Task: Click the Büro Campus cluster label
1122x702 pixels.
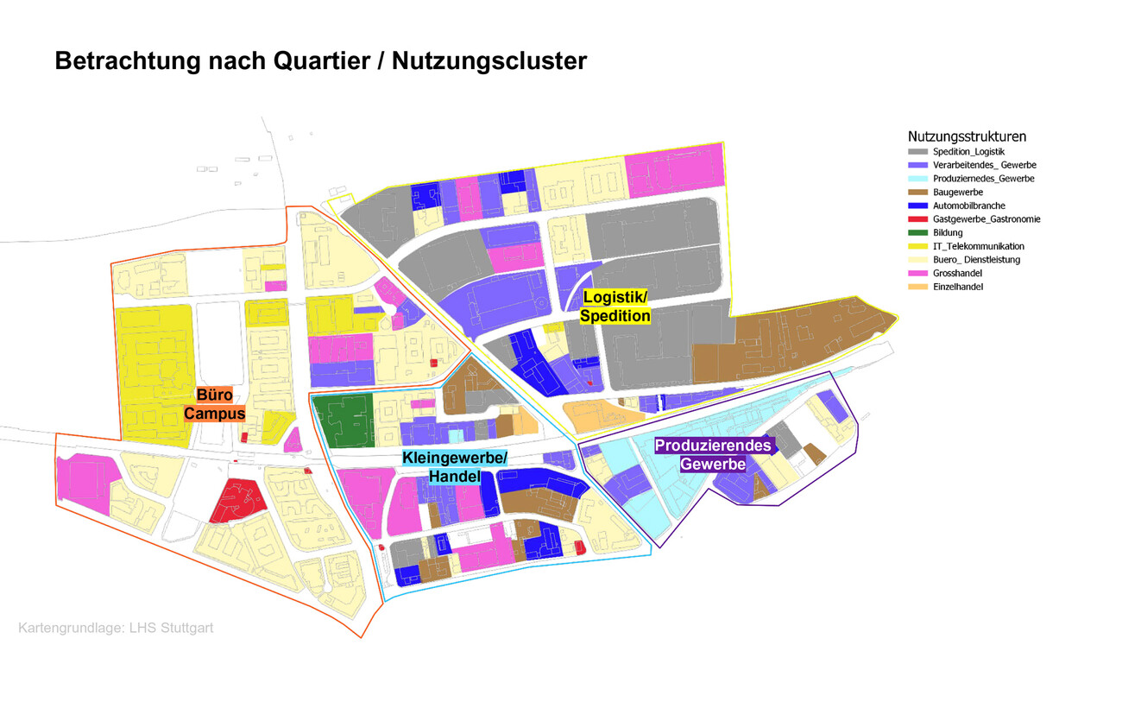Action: point(215,404)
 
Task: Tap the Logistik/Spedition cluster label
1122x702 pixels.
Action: point(615,307)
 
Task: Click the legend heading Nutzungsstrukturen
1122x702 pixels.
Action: point(967,136)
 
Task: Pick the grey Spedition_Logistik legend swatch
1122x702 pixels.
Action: point(919,152)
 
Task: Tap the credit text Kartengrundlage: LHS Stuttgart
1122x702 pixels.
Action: point(116,628)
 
